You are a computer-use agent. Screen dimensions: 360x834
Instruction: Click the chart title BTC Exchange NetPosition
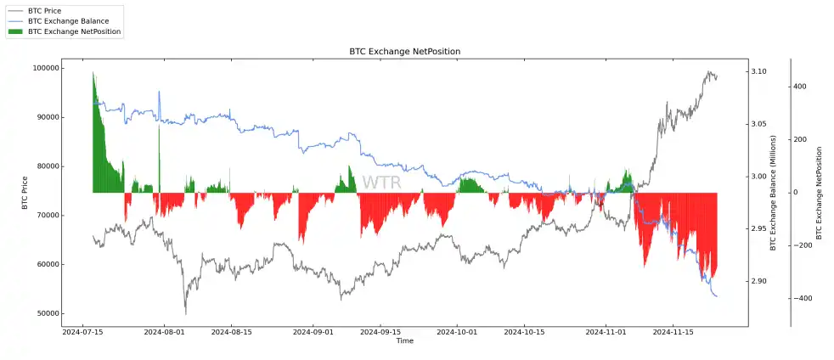pos(404,52)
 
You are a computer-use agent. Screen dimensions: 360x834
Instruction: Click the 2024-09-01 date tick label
pos(314,333)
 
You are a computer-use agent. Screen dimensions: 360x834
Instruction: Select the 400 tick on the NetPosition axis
pos(802,87)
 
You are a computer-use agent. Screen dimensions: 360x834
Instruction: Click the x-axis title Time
pos(404,341)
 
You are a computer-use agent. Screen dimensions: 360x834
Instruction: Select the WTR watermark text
pos(381,183)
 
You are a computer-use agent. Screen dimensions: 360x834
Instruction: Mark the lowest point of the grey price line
pos(185,314)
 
